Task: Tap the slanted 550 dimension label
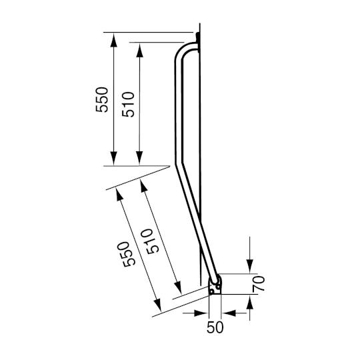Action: pyautogui.click(x=130, y=252)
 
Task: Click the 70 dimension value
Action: pyautogui.click(x=260, y=284)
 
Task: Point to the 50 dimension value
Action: pyautogui.click(x=215, y=327)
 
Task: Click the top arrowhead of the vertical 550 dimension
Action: pyautogui.click(x=115, y=39)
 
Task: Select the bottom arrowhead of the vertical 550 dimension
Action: pyautogui.click(x=115, y=158)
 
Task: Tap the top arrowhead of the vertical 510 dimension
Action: pyautogui.click(x=139, y=51)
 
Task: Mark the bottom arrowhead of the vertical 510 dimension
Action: pyautogui.click(x=139, y=158)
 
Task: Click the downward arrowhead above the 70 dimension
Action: pyautogui.click(x=249, y=266)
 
